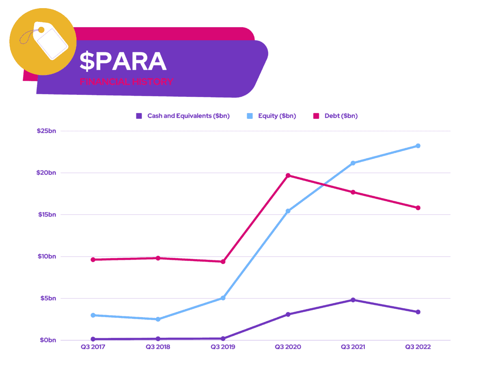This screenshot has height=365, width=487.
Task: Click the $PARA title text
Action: click(123, 62)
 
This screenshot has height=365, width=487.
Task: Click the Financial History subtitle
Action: click(126, 82)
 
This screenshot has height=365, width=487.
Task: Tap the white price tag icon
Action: click(51, 40)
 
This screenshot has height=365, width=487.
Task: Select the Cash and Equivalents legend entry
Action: click(183, 116)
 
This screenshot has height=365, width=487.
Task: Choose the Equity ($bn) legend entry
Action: click(272, 116)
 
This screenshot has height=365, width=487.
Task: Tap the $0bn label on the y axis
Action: click(48, 340)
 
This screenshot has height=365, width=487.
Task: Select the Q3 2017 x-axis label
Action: click(93, 347)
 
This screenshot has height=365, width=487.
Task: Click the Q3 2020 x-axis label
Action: click(288, 347)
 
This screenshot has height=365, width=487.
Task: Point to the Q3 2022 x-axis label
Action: click(418, 347)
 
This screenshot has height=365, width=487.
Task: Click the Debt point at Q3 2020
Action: click(288, 176)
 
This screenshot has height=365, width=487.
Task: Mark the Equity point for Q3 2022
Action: click(418, 146)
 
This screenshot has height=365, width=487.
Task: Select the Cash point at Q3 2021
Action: click(353, 300)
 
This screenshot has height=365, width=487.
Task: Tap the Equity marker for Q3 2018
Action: click(158, 319)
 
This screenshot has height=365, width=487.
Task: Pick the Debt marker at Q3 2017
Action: click(93, 260)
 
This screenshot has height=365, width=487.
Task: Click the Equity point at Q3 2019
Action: click(223, 298)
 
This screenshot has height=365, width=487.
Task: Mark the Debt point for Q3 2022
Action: click(418, 208)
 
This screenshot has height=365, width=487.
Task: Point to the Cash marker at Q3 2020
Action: click(288, 314)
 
